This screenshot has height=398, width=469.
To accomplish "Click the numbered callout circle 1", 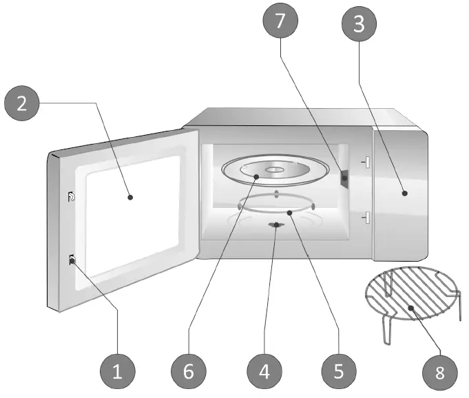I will pos(117,372).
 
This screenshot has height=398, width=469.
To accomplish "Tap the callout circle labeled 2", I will pos(22,104).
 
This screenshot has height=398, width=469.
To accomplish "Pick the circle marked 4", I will pos(264,372).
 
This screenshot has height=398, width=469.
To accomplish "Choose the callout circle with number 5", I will pos(338,372).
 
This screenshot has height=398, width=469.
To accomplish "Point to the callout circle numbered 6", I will pos(189,372).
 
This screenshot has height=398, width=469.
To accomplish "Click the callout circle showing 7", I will pos(280,21).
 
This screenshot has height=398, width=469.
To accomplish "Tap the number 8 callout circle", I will pos(439,373).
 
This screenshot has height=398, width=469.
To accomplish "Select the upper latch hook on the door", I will pos(72,198).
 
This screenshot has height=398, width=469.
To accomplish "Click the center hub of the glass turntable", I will pos(274,169).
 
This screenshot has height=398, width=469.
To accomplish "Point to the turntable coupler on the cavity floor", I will pos(275,224).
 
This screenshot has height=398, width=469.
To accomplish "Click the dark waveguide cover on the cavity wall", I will pos(344,179).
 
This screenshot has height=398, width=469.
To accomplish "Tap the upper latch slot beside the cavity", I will pos(367,163).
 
